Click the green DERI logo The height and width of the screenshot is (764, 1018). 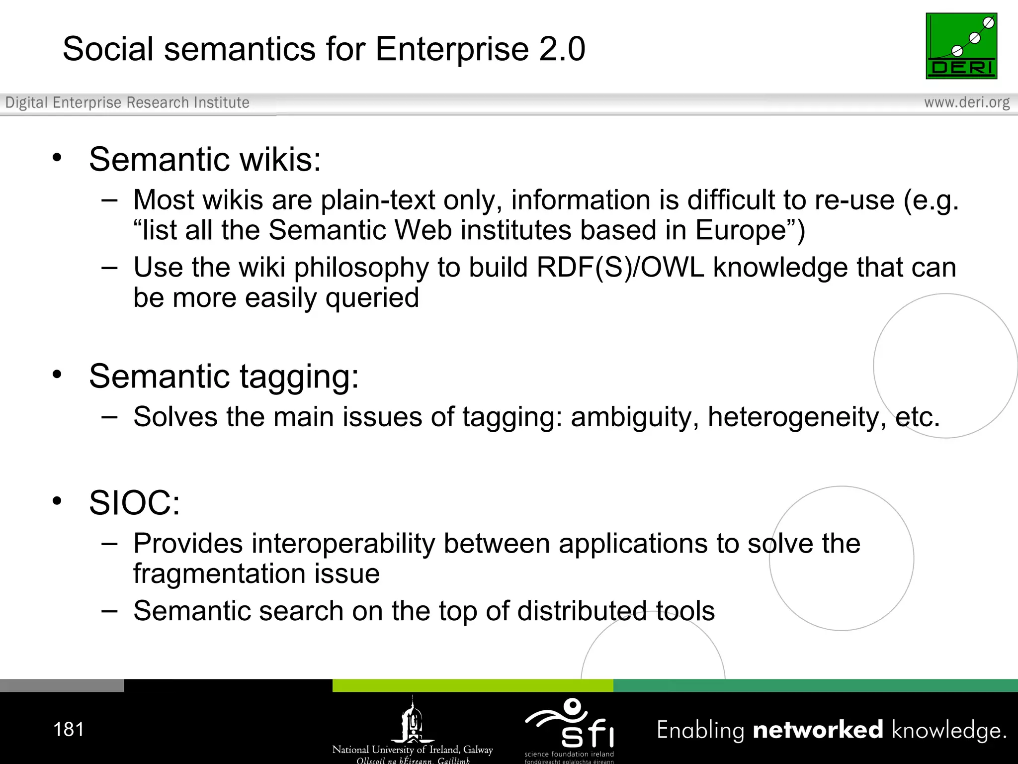click(961, 46)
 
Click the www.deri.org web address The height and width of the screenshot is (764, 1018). click(966, 102)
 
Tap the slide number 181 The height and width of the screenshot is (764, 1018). click(69, 730)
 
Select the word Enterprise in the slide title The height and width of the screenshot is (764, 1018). click(452, 49)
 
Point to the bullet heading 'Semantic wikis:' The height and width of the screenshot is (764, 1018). click(205, 160)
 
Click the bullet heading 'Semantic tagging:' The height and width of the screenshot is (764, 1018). click(224, 376)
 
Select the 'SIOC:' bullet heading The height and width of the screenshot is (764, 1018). click(134, 503)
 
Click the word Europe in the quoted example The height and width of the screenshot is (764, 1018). click(741, 230)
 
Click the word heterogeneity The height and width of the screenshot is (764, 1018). click(797, 417)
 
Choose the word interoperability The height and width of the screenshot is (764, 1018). click(343, 544)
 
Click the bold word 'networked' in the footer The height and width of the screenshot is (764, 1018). click(818, 730)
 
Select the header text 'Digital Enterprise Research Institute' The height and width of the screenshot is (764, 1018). click(127, 102)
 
